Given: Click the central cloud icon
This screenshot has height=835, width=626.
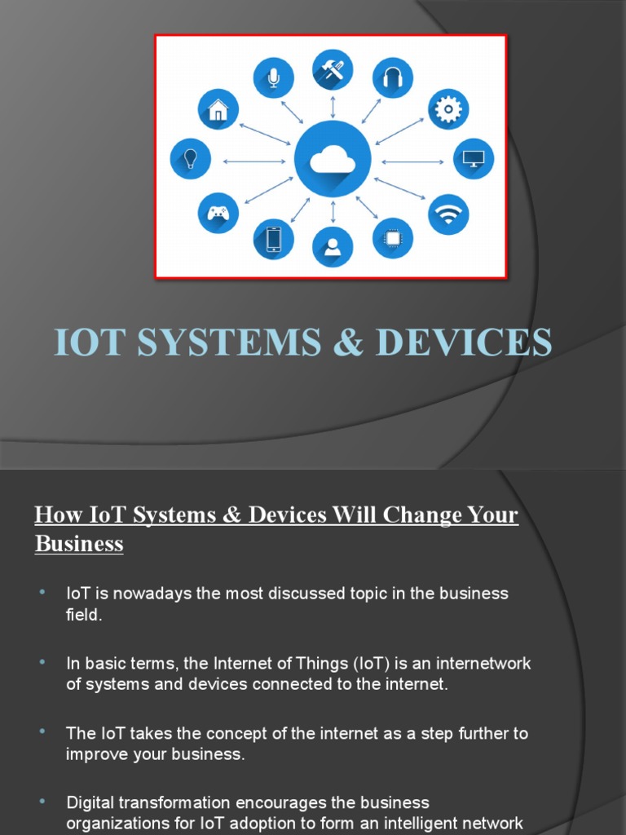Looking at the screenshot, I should tap(333, 161).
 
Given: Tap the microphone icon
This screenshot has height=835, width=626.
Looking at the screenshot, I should tap(273, 77).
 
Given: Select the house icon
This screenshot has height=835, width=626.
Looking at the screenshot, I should tap(218, 109).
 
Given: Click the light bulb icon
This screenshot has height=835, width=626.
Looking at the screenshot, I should tap(191, 159).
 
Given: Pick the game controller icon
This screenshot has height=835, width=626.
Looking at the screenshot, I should tap(218, 213).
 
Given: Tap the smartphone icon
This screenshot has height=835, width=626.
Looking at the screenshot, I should tap(273, 240).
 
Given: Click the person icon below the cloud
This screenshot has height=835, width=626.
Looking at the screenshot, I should tap(333, 246).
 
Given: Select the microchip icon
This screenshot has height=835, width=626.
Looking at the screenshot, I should tap(393, 238).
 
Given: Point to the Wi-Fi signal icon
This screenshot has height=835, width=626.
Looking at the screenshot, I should tap(448, 214).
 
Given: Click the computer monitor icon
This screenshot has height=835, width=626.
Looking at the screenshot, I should tap(473, 159).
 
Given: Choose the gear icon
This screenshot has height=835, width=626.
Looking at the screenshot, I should tap(448, 109).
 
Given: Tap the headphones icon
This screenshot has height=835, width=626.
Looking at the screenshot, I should tap(393, 77).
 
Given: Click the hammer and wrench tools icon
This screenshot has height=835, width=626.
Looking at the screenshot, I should tap(333, 70).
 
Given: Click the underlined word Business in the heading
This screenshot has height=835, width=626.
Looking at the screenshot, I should tap(79, 544).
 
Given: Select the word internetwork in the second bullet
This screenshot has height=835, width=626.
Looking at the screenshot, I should tap(486, 664).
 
